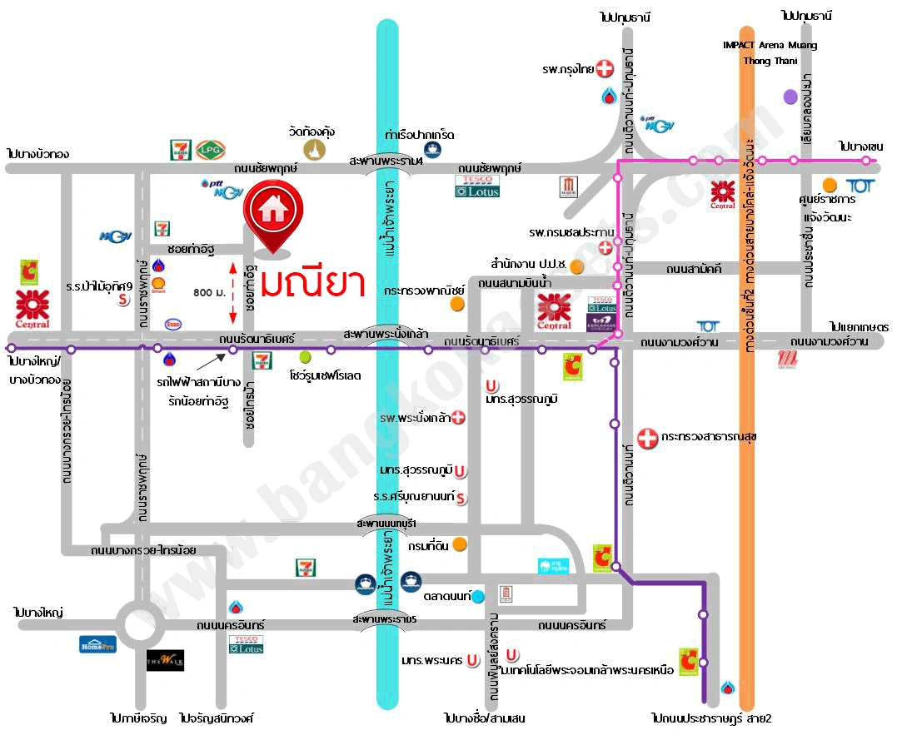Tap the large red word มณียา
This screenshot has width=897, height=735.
pos(312,283)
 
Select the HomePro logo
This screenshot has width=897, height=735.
pos(97,643)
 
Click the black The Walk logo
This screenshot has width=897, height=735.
pos(165,660)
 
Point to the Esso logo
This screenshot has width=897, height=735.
pos(174,324)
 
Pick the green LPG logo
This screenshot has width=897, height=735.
pos(207,150)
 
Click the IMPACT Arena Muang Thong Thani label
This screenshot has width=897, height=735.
pos(770,52)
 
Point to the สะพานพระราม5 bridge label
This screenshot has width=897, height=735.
pos(384,620)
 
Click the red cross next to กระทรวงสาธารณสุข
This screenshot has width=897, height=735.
pos(647,436)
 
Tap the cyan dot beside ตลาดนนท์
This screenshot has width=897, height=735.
pos(478,596)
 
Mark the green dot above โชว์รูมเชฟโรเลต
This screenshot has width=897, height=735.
pos(305,357)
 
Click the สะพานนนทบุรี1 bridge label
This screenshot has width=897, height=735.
pos(386,523)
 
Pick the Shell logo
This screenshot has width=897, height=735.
pos(158,286)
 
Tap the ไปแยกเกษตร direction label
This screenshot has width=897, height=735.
pos(859,327)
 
